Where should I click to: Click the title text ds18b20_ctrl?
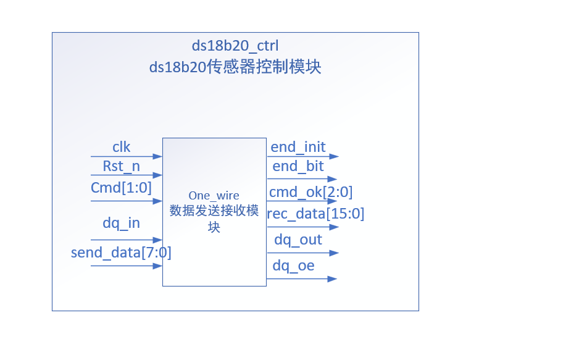pos(235,46)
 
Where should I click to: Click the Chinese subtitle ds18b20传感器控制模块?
pos(235,67)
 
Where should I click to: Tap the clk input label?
pos(121,147)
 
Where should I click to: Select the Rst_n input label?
pos(121,166)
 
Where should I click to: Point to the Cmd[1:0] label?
pos(121,187)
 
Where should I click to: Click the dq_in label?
pos(121,224)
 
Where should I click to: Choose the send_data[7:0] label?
pos(121,252)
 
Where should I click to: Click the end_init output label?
pos(298,148)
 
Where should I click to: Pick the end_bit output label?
pos(298,167)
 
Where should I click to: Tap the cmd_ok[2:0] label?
pos(310,192)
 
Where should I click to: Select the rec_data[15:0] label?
pos(315,214)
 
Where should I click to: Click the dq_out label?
pos(298,240)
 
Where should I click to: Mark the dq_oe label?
pos(294,266)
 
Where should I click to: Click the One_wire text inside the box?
pos(214,195)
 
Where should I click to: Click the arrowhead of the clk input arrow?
pos(159,157)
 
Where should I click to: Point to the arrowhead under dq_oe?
pos(333,279)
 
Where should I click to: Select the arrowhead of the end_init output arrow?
pos(334,157)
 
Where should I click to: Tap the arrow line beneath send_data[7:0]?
pos(123,266)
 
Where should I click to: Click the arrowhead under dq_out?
pos(334,253)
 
